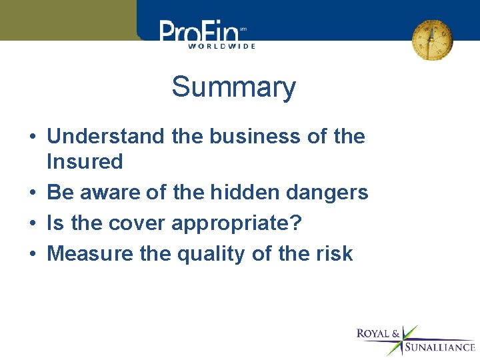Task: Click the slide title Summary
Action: tap(233, 87)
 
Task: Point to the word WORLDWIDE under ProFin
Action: tap(221, 46)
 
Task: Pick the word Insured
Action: tap(85, 162)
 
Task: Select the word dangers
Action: tap(329, 193)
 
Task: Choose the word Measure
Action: tap(86, 253)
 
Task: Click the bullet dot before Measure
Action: tap(32, 255)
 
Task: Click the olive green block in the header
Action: tap(67, 20)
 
